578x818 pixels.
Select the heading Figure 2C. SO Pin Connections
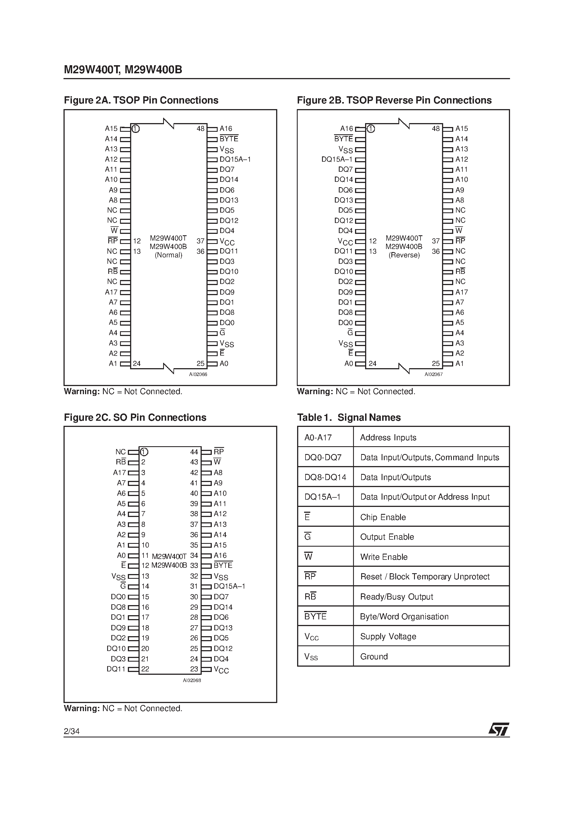[x=135, y=418]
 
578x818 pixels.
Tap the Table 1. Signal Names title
[x=349, y=418]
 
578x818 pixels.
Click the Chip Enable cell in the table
[x=383, y=517]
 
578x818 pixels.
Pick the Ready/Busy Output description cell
[x=397, y=597]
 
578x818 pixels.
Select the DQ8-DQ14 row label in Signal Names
[x=325, y=478]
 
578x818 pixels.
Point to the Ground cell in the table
[x=374, y=657]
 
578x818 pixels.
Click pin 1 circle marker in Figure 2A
[x=135, y=129]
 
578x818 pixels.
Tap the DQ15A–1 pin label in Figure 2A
[x=235, y=159]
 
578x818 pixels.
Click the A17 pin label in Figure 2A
[x=111, y=292]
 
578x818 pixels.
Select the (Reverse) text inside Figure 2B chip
[x=404, y=255]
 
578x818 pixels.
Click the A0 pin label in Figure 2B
[x=349, y=364]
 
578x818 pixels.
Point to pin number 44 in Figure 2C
[x=194, y=452]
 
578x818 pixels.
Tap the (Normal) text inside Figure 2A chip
[x=168, y=255]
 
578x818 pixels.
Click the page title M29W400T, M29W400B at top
[x=123, y=69]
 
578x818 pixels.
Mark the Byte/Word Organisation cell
[x=404, y=617]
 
